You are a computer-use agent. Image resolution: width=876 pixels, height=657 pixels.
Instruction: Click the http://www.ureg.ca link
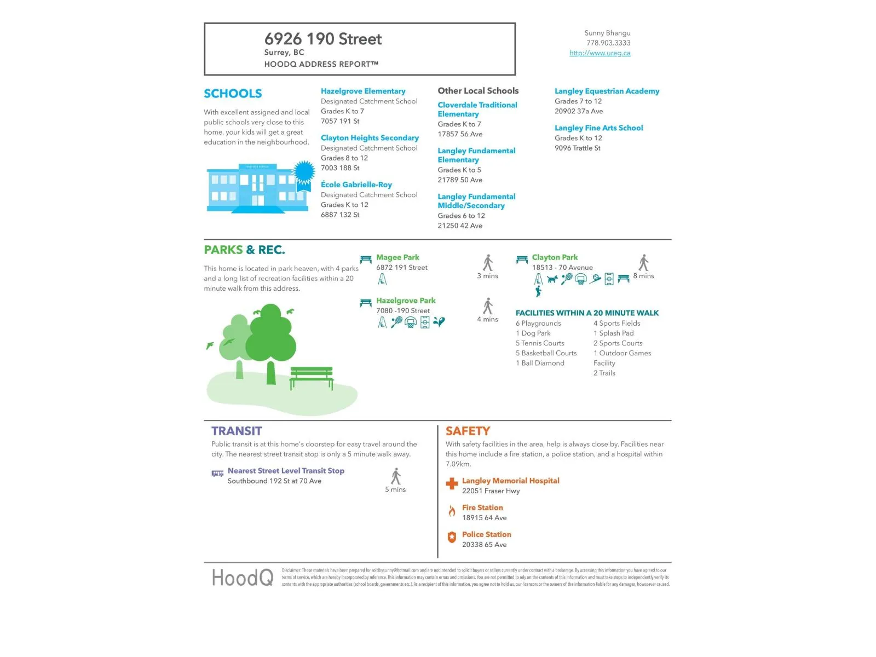(x=600, y=53)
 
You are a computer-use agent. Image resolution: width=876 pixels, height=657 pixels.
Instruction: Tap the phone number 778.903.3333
(x=608, y=43)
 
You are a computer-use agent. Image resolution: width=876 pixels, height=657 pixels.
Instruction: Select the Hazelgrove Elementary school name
(x=363, y=91)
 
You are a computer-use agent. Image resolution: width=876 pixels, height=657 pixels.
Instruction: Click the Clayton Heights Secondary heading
(x=370, y=138)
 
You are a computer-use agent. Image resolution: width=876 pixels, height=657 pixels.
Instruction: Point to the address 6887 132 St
(x=340, y=215)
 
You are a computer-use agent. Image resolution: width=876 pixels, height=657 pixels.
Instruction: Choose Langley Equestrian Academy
(x=607, y=91)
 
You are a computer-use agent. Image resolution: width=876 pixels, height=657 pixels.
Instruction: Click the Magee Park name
(x=397, y=257)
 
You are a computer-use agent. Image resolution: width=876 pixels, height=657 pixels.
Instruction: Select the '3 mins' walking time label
(x=487, y=276)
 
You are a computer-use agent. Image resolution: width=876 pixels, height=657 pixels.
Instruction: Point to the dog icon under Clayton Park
(x=552, y=279)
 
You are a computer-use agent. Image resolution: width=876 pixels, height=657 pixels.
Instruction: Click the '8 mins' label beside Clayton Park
(x=643, y=276)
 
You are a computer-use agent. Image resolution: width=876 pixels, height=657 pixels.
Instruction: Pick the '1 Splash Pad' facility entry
(x=613, y=333)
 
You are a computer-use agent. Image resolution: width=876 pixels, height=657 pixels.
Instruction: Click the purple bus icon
(x=217, y=474)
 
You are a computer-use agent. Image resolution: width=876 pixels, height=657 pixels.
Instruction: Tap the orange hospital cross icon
(x=452, y=483)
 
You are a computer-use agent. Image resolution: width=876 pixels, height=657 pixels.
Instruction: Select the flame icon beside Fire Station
(x=452, y=511)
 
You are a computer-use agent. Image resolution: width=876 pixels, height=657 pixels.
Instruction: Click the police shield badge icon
(x=452, y=538)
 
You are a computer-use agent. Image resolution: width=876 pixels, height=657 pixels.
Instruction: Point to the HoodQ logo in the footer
(x=243, y=578)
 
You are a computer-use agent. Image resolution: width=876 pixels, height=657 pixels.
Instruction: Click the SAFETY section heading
(x=468, y=431)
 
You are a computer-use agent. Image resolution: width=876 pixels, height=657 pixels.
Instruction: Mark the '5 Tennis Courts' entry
(x=540, y=343)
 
